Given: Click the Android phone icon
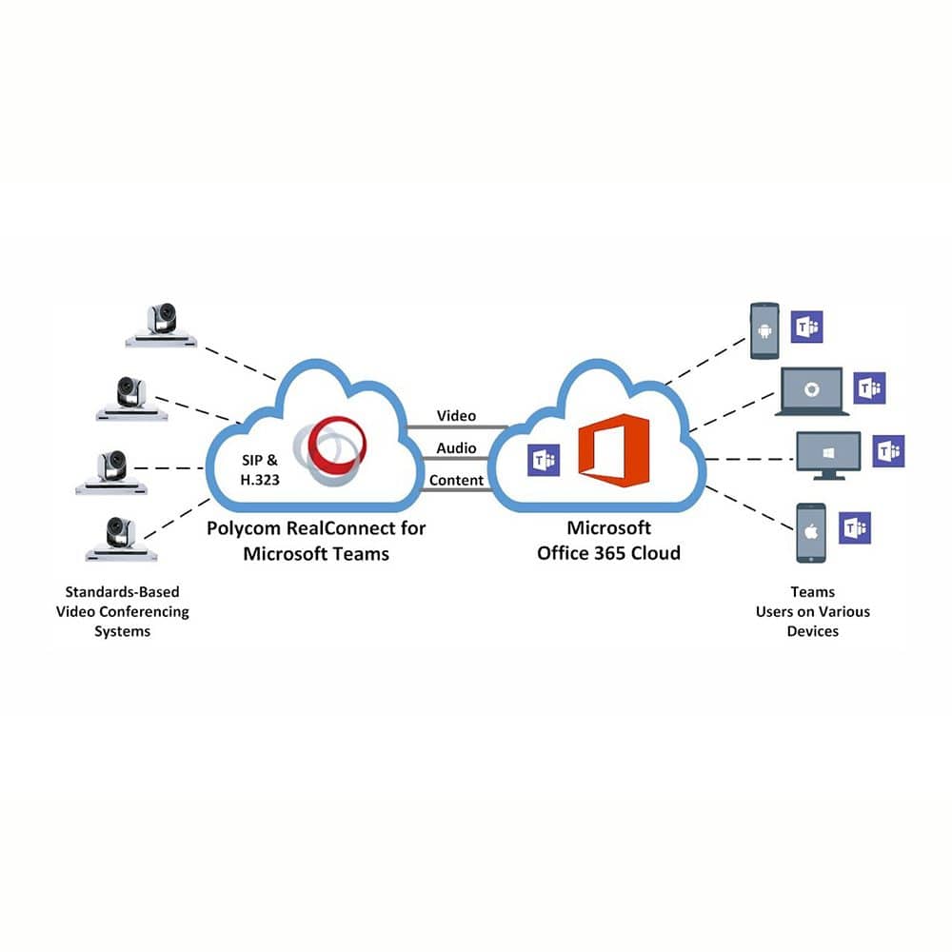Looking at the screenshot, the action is pos(764,331).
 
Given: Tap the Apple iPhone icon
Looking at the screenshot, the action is pos(810,533).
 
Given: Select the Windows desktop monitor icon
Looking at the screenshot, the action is pos(828,456).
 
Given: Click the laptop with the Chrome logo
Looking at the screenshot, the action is pos(812,391).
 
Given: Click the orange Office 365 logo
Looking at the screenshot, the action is pos(613,450).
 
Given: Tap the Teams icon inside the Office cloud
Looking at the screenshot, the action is pos(544,460).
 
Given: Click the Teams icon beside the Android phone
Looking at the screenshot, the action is pos(806,327).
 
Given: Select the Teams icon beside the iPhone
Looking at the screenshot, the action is pos(854,527).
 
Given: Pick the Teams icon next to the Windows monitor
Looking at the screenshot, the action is pos(888,451).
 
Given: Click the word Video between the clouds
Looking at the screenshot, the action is pos(456,416).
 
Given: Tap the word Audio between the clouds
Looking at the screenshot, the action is pos(456,448).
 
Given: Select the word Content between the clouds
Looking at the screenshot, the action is pos(456,480).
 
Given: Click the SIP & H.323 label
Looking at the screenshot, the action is pos(260,470).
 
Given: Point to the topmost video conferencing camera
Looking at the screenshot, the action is pos(162,326).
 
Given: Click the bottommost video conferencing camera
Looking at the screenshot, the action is pos(121,539).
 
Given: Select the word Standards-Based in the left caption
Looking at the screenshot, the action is pos(122,592).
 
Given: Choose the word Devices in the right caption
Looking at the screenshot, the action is pos(812,631).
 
